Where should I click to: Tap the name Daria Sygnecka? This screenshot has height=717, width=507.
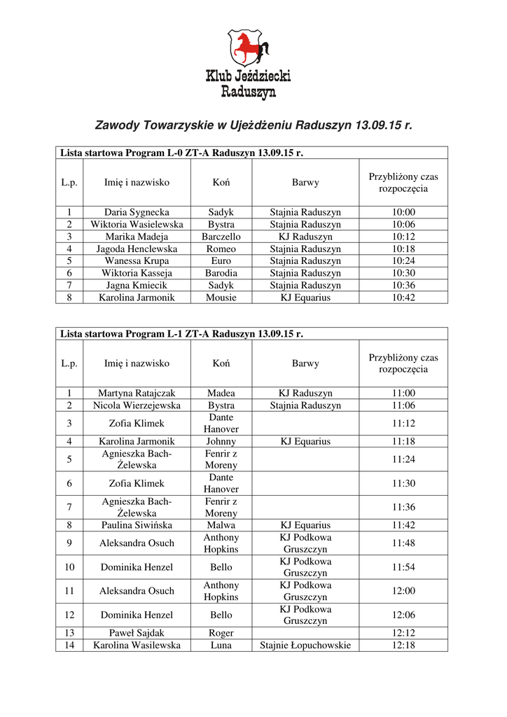(x=137, y=212)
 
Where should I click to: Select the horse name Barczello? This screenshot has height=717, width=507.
(x=221, y=237)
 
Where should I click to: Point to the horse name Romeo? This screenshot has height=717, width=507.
(x=221, y=249)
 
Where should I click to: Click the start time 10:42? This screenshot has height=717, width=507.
(x=403, y=297)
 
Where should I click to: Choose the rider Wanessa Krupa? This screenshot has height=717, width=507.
(x=137, y=260)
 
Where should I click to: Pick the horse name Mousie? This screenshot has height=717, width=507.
(x=221, y=297)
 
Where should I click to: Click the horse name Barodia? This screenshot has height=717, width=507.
(x=221, y=273)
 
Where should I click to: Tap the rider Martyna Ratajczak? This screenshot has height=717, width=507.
(x=137, y=394)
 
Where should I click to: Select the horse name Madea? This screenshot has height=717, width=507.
(x=221, y=394)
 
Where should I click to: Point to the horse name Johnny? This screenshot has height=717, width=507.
(x=221, y=441)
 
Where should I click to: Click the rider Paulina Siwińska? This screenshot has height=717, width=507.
(x=137, y=525)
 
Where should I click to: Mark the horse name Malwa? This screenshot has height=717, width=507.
(x=221, y=525)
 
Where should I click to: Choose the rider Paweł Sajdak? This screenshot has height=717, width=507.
(x=137, y=633)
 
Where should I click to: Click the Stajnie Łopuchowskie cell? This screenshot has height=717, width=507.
(x=305, y=645)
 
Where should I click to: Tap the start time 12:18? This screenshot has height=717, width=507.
(x=403, y=645)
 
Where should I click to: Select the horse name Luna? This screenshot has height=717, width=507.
(x=221, y=645)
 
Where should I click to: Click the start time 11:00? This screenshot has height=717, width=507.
(x=403, y=394)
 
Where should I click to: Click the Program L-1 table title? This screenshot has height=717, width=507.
(x=182, y=334)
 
